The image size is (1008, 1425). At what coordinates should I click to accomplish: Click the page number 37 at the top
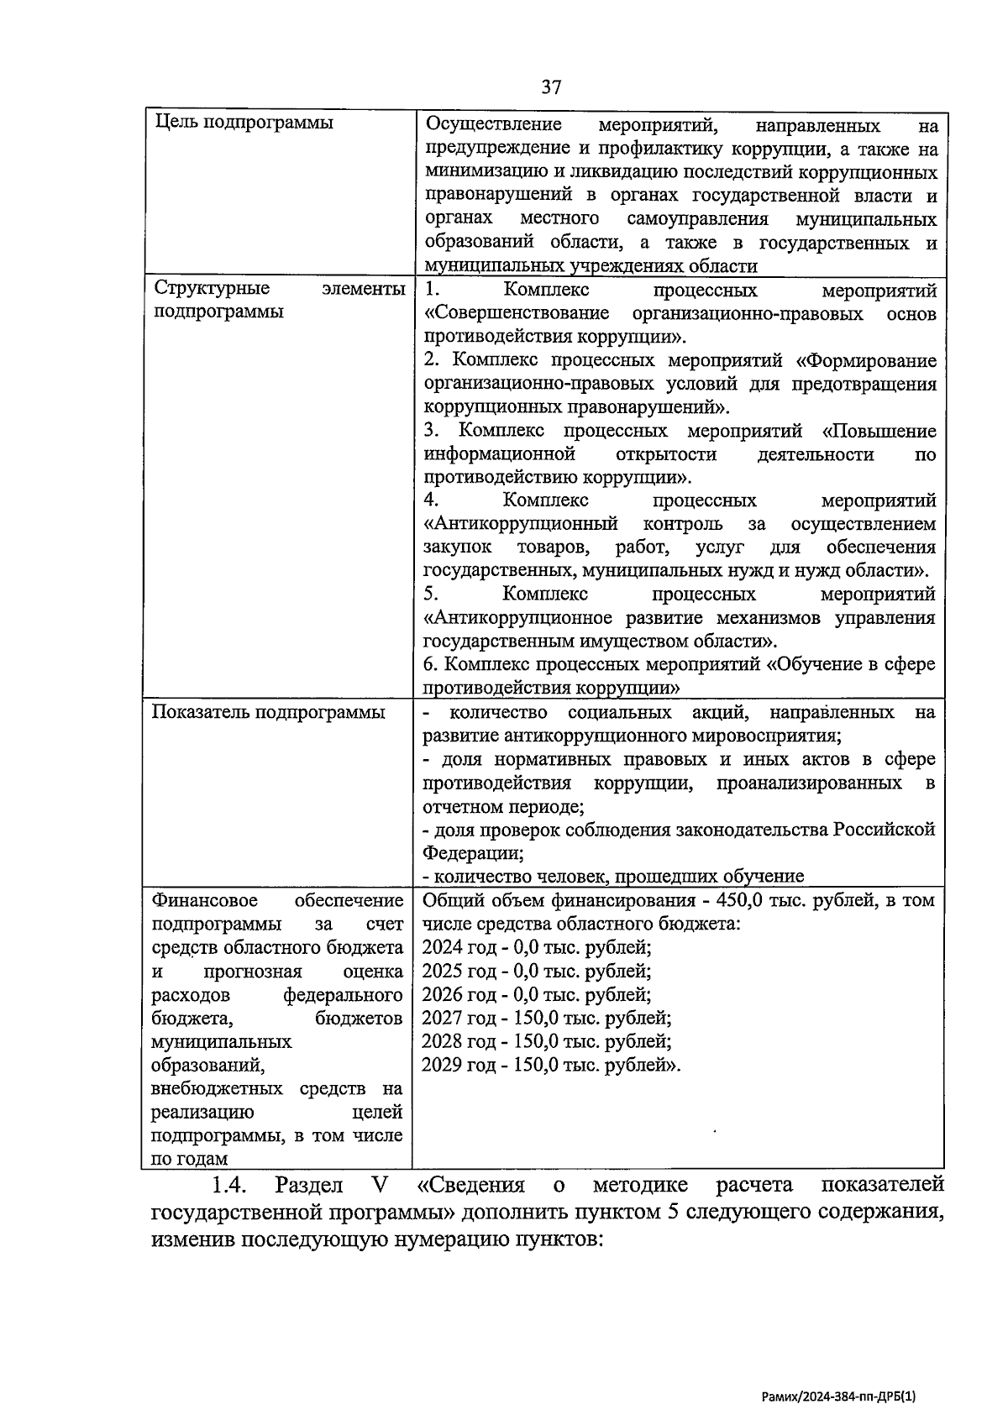tap(551, 88)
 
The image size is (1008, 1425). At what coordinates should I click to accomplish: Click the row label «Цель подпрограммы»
tap(244, 123)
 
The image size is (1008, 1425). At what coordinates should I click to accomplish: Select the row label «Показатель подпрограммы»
tap(269, 712)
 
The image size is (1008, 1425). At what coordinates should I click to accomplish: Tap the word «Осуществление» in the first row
tap(494, 125)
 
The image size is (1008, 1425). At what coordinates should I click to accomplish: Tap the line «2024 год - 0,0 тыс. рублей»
tap(537, 947)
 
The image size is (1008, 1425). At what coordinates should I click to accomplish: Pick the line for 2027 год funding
tap(546, 1018)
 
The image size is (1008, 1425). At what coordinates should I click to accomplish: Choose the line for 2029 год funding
tap(551, 1065)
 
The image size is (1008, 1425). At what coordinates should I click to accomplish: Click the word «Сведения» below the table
tap(470, 1185)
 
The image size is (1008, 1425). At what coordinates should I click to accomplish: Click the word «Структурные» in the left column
tap(212, 288)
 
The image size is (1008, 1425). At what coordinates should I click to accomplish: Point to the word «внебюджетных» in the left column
tap(219, 1088)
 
